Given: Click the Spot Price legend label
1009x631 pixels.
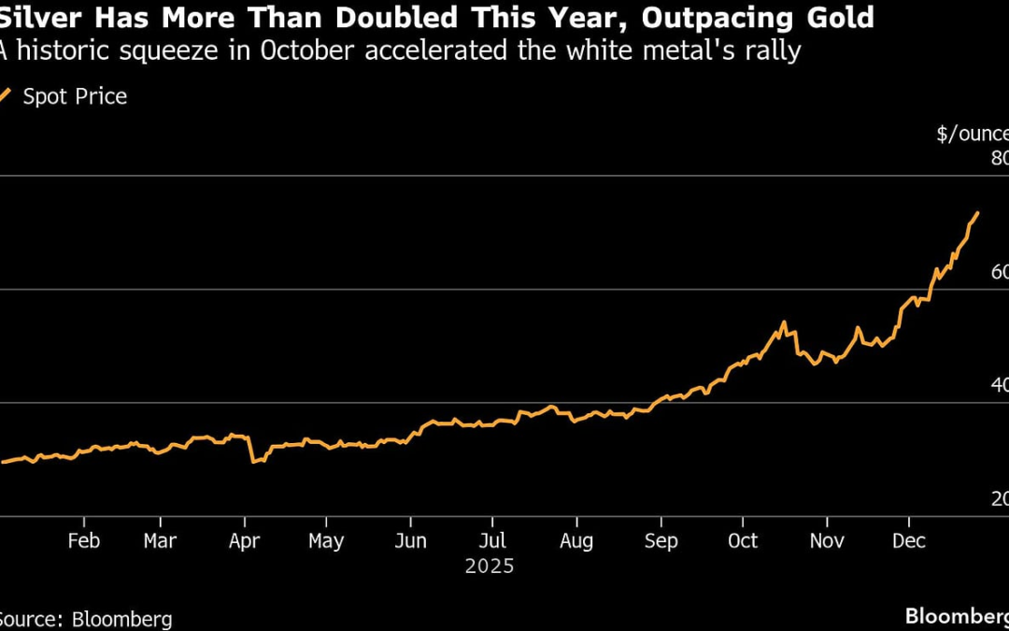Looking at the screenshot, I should click(x=75, y=96).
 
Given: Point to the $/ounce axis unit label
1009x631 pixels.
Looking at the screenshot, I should click(x=972, y=134).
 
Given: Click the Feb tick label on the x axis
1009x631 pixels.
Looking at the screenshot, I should click(x=84, y=541).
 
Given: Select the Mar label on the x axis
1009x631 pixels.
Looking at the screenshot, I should click(x=161, y=541).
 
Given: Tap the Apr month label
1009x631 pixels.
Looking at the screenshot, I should click(x=244, y=541).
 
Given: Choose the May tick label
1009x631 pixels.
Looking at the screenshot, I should click(x=326, y=541).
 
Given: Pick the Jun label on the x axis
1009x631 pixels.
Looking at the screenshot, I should click(x=410, y=541).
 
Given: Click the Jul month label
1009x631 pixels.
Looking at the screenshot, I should click(x=492, y=541).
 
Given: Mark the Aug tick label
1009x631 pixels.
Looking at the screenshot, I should click(x=576, y=541).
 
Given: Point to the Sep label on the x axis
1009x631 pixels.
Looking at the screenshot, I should click(x=661, y=541).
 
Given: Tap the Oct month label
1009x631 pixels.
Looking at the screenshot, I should click(x=743, y=541).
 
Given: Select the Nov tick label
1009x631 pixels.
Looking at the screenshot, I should click(x=827, y=541).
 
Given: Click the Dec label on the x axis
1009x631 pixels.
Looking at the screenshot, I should click(x=908, y=541).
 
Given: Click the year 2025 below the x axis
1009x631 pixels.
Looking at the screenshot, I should click(x=490, y=566).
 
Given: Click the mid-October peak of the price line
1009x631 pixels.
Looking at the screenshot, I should click(x=784, y=323).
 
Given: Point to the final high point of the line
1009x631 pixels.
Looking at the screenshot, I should click(x=977, y=213).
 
